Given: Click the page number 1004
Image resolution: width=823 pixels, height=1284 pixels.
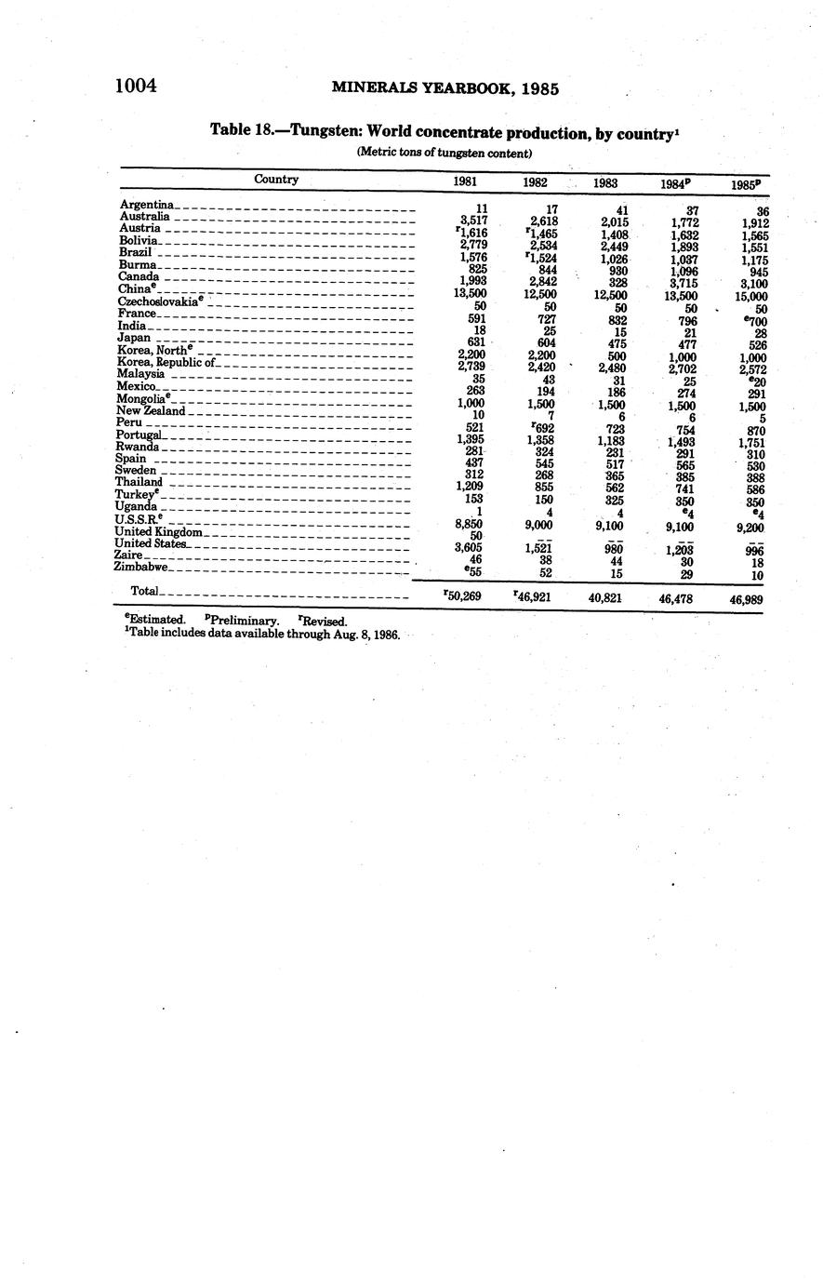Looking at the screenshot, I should (x=136, y=87).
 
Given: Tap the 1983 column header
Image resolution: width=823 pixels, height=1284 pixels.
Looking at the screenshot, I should (x=605, y=183).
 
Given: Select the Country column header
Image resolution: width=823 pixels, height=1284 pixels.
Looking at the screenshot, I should (x=276, y=180).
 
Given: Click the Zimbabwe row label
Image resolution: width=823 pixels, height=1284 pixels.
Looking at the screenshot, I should (x=141, y=566).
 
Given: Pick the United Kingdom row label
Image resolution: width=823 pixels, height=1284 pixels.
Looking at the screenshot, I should (x=158, y=531).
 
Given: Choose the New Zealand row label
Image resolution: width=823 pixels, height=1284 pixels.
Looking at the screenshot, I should (x=151, y=410).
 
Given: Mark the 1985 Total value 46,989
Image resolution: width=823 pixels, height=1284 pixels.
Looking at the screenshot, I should (x=747, y=600).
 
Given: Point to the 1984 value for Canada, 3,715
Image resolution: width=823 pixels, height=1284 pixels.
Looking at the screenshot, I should (x=683, y=283).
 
